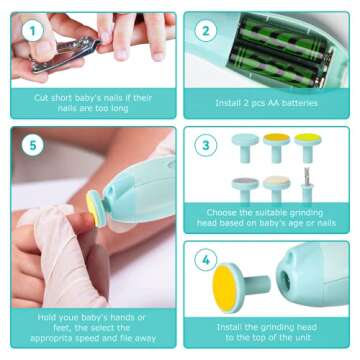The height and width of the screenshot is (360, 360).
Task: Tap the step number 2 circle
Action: [x=205, y=31]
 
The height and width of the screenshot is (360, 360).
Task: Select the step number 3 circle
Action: [x=205, y=146]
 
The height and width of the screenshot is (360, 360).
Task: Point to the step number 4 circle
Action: [x=205, y=261]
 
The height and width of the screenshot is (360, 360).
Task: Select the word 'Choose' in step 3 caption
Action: [x=223, y=212]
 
